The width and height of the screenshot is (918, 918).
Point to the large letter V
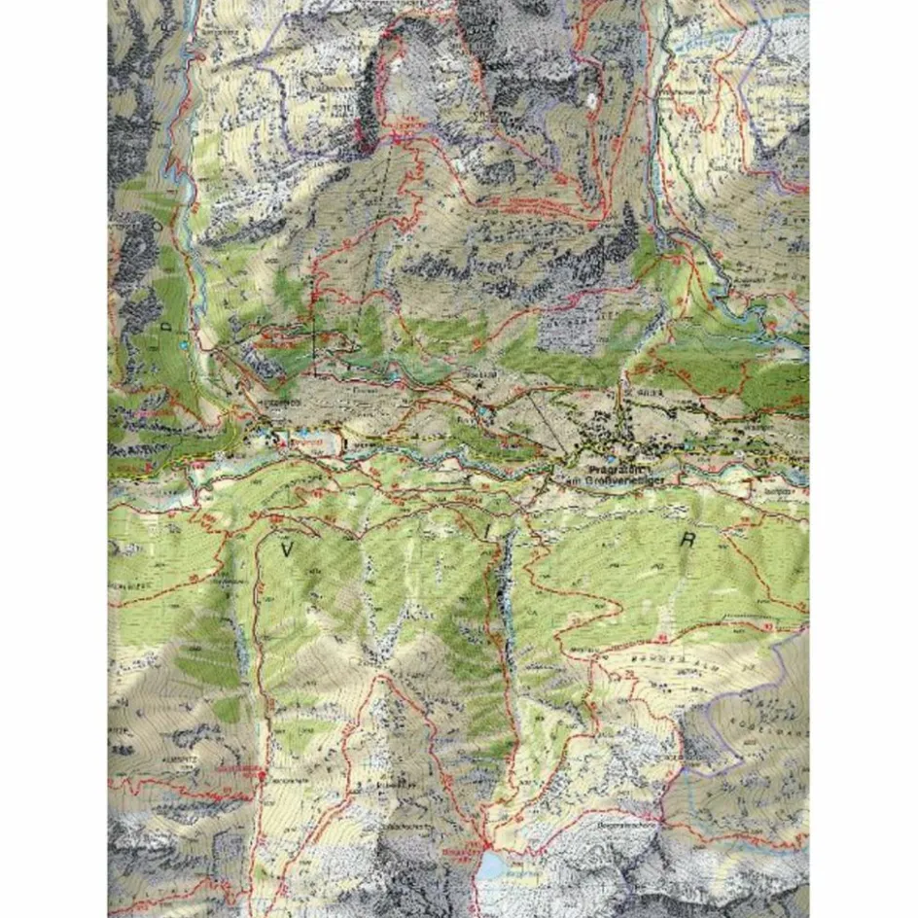[x=287, y=549]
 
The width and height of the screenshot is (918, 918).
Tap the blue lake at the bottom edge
[x=496, y=864]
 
